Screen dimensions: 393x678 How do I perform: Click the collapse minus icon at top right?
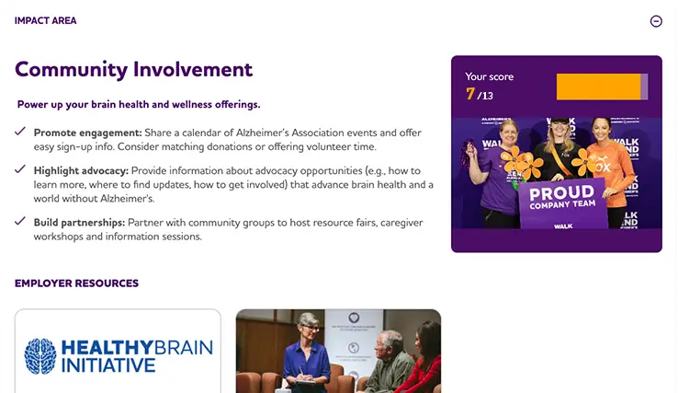click(656, 21)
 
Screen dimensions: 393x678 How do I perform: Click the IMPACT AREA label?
click(46, 20)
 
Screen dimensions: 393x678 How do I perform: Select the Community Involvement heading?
click(133, 69)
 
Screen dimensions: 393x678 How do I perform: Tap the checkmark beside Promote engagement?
click(20, 132)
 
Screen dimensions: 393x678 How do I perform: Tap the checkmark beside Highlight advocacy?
click(20, 169)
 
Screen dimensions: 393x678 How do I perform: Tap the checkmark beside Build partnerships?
click(20, 222)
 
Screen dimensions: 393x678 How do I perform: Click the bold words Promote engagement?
click(88, 133)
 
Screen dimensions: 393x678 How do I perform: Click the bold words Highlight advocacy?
click(82, 170)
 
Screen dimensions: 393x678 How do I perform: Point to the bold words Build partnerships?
click(79, 222)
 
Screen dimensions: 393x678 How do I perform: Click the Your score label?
click(490, 77)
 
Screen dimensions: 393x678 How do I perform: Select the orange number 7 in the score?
click(470, 94)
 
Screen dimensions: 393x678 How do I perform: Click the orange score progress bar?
click(598, 87)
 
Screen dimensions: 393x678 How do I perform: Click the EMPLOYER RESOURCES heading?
click(76, 283)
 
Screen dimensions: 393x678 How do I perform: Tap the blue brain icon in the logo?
click(40, 355)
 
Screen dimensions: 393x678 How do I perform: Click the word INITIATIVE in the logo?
click(109, 365)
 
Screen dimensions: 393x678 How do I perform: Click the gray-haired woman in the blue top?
click(306, 354)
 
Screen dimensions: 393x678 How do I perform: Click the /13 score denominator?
click(485, 96)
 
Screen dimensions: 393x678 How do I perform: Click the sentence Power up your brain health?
click(139, 104)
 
